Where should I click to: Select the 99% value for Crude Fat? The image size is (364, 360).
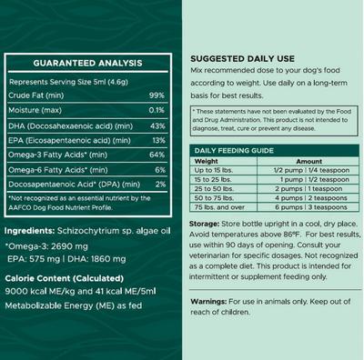coord(156,95)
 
